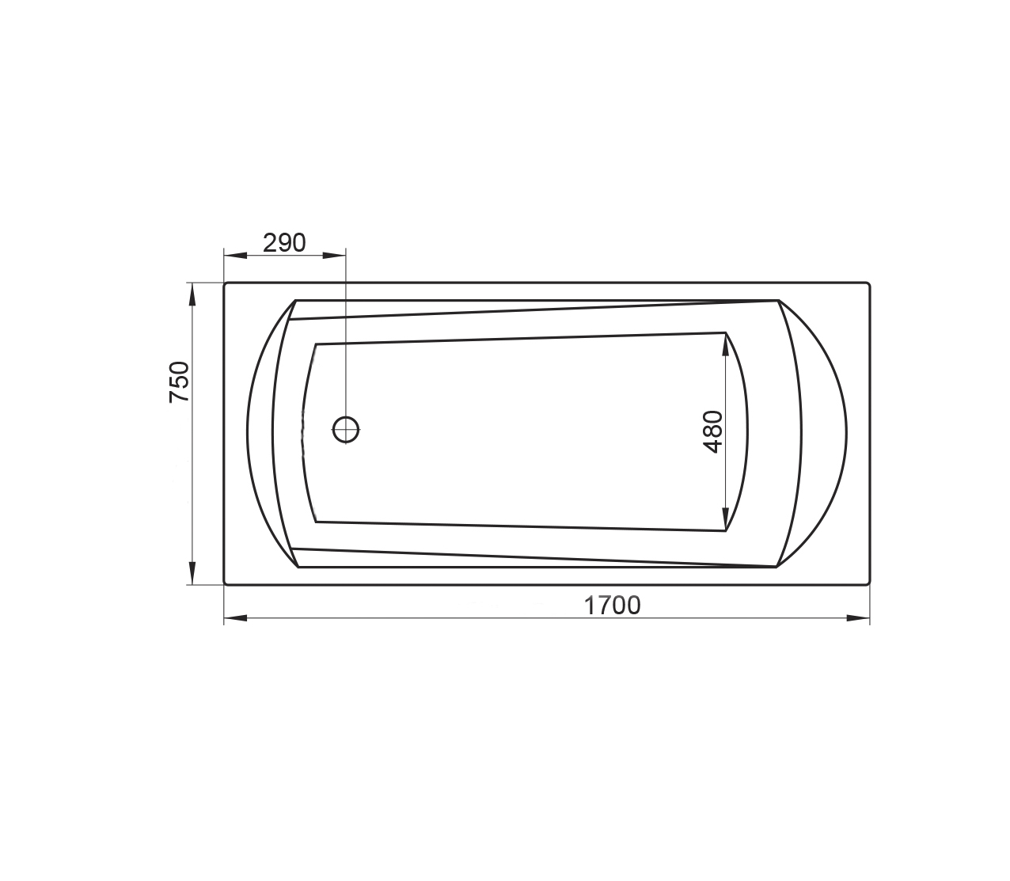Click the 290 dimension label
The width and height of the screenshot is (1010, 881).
click(x=284, y=242)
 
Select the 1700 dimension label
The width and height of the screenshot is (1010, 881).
click(x=612, y=606)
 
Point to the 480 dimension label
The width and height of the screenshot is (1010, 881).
click(x=712, y=431)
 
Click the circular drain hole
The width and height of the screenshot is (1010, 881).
click(x=346, y=429)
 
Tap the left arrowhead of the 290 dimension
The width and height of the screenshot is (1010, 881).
click(x=235, y=256)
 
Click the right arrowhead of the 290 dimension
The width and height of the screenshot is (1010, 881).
click(x=334, y=256)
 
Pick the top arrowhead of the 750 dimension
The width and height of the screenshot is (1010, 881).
click(x=192, y=294)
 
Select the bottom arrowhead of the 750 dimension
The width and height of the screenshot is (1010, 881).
click(x=192, y=573)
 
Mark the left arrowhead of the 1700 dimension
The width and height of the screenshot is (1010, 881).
click(x=235, y=618)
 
